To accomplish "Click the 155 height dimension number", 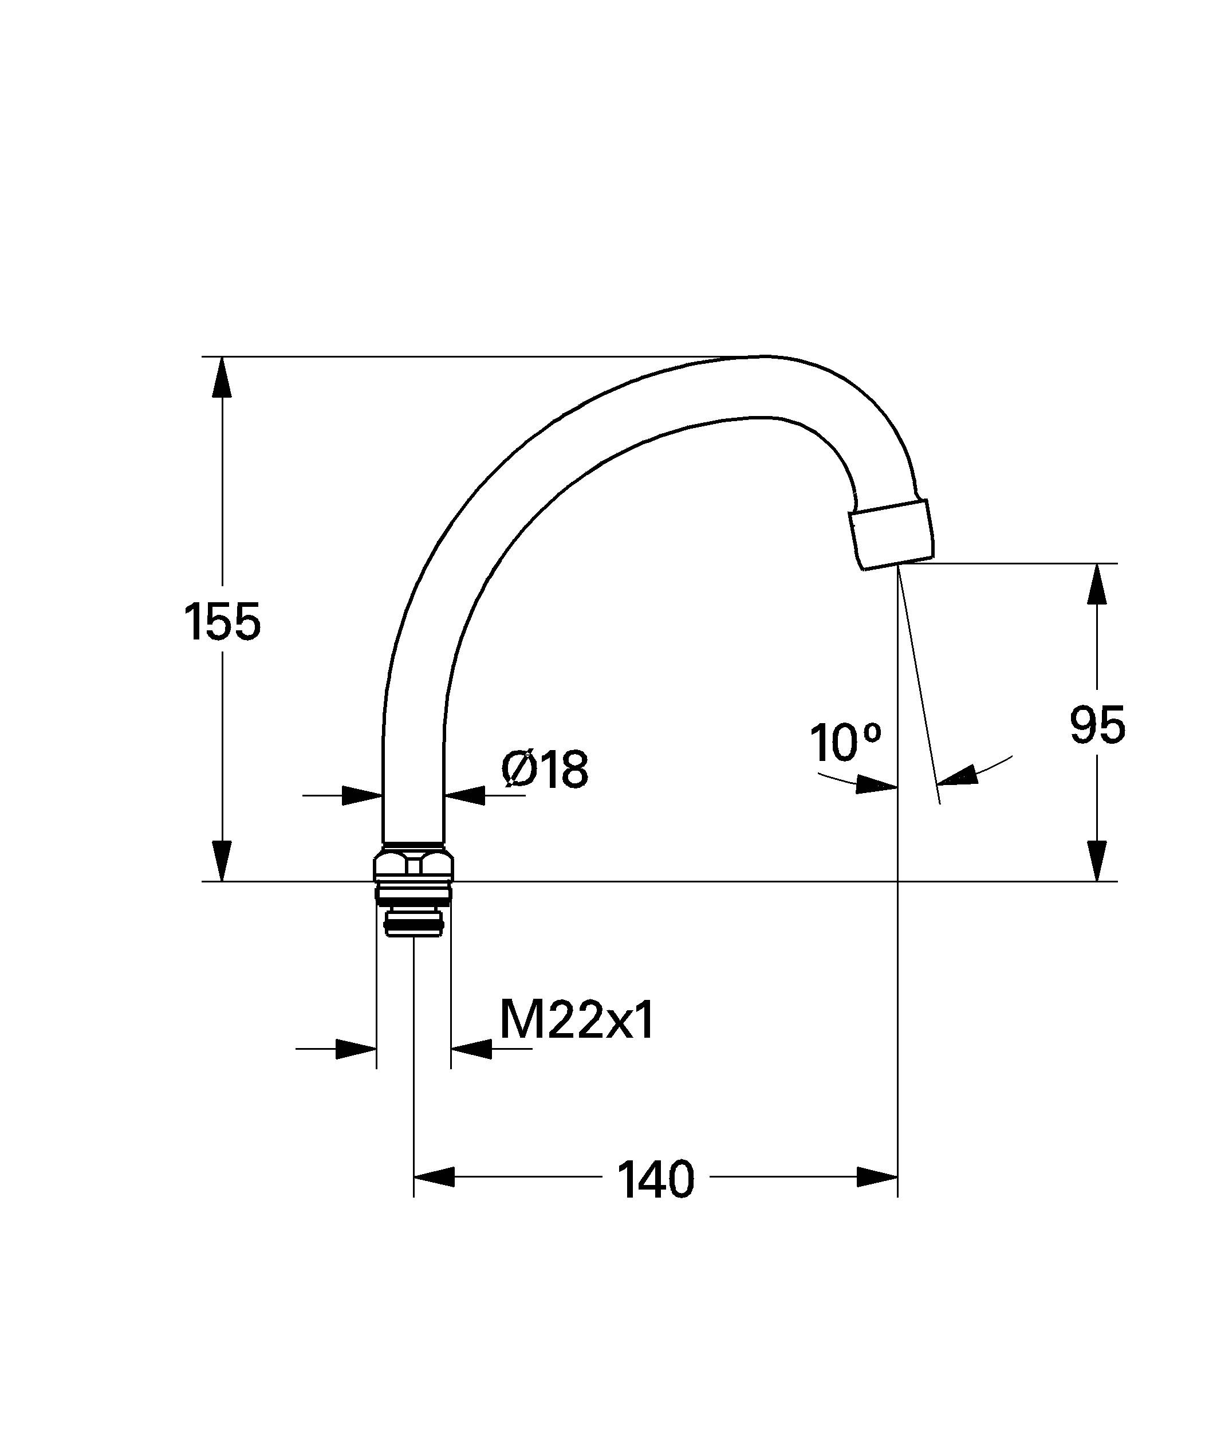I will click(x=222, y=622).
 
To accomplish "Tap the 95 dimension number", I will click(x=1097, y=725).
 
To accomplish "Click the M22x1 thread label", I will click(x=577, y=1021).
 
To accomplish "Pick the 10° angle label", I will click(x=845, y=743).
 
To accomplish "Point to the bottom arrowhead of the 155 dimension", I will click(x=222, y=861).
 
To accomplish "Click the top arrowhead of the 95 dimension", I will click(x=1097, y=584).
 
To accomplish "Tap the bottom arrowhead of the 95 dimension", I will click(x=1097, y=861).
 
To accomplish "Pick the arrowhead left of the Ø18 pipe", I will click(x=363, y=795).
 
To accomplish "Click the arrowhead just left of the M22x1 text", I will click(x=472, y=1049).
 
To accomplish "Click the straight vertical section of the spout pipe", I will click(x=412, y=772).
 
